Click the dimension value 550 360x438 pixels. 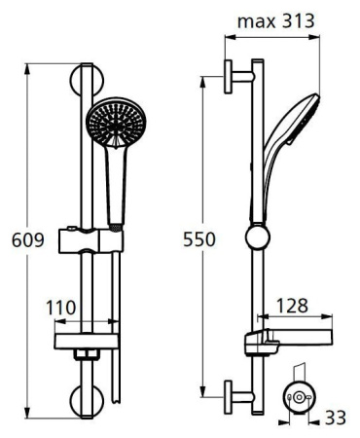click(198, 238)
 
